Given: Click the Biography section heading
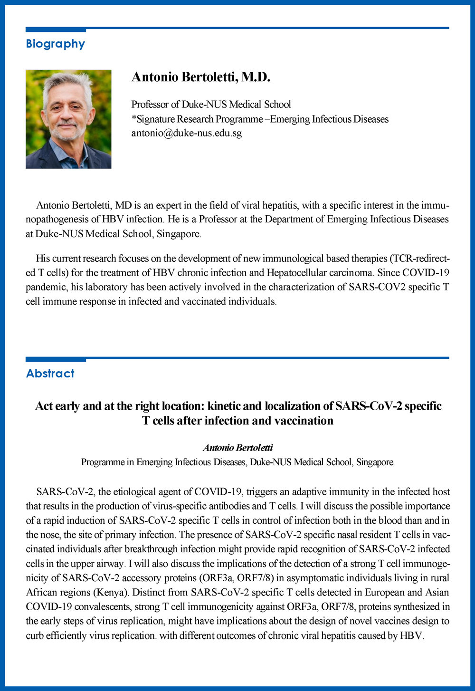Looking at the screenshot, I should [55, 44].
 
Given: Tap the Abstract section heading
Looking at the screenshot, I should [50, 374].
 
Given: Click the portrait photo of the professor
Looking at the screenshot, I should [68, 119].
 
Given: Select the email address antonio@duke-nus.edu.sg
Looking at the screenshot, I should [186, 133].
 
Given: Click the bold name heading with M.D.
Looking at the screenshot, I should [200, 77].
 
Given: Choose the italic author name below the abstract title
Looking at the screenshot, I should [237, 448].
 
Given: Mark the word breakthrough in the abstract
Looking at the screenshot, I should [154, 549].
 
